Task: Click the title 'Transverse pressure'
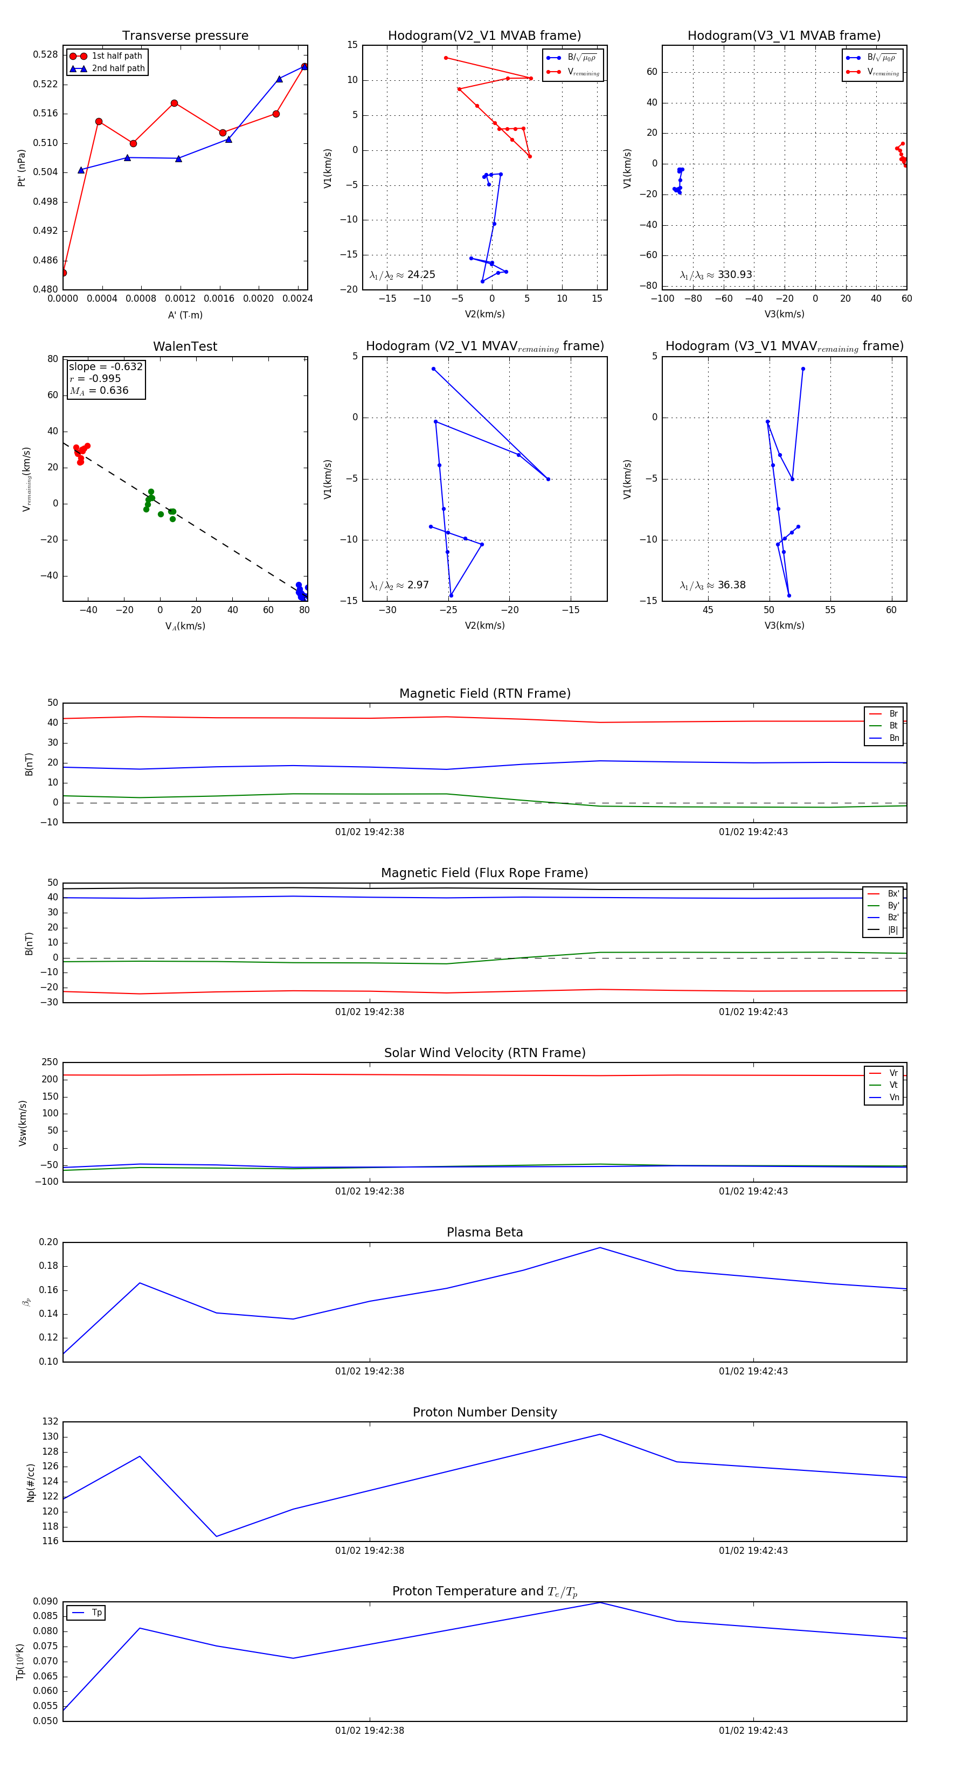coord(185,36)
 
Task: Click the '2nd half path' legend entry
coord(118,68)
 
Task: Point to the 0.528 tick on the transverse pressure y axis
coord(46,54)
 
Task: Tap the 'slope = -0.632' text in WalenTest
coord(106,366)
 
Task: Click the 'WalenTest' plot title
coord(185,346)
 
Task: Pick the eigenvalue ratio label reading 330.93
coord(716,275)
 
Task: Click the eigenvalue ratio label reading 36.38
coord(712,585)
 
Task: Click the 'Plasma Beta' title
coord(484,1233)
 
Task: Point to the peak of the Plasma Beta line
coord(600,1248)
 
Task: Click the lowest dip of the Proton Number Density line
coord(217,1537)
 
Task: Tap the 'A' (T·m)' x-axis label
coord(185,315)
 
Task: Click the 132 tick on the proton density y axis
coord(50,1421)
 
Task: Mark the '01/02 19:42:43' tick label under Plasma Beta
coord(752,1371)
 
